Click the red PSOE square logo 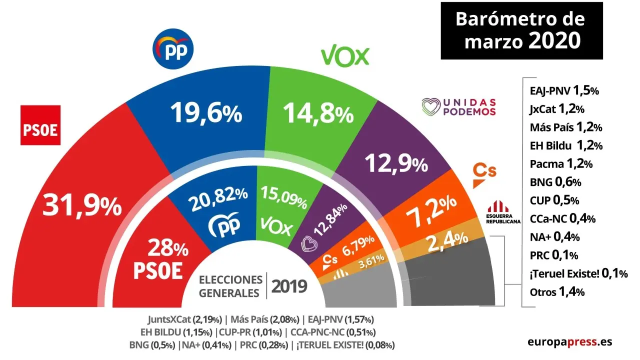[40, 125]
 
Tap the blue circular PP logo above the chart [172, 50]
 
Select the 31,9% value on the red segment [82, 205]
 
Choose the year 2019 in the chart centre [288, 286]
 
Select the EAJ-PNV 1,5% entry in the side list [563, 91]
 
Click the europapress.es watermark [569, 342]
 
